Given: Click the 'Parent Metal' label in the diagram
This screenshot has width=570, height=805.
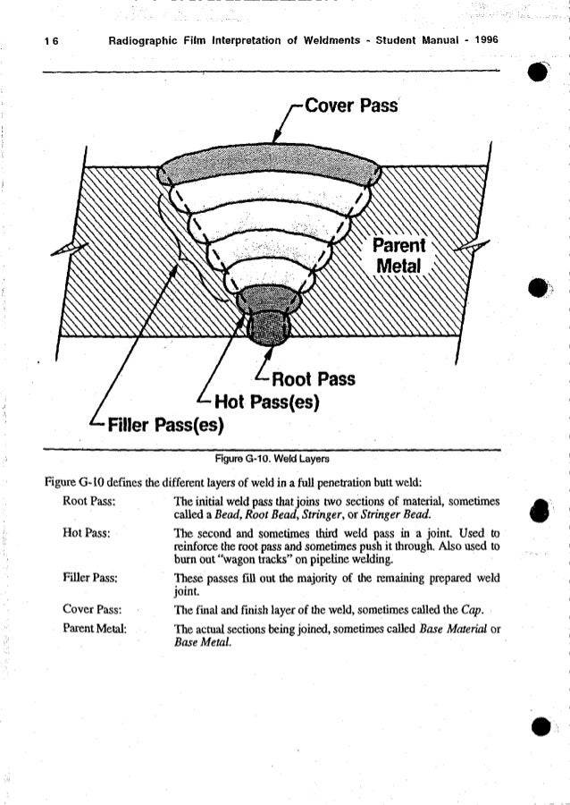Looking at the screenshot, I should tap(400, 256).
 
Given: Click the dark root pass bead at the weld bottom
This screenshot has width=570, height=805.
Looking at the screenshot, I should tap(269, 329).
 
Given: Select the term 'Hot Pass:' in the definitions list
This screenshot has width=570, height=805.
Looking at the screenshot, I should tap(85, 533).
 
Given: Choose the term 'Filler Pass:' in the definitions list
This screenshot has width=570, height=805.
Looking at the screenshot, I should tap(87, 578).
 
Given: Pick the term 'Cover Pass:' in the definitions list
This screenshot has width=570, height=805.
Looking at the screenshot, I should tap(88, 609).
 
